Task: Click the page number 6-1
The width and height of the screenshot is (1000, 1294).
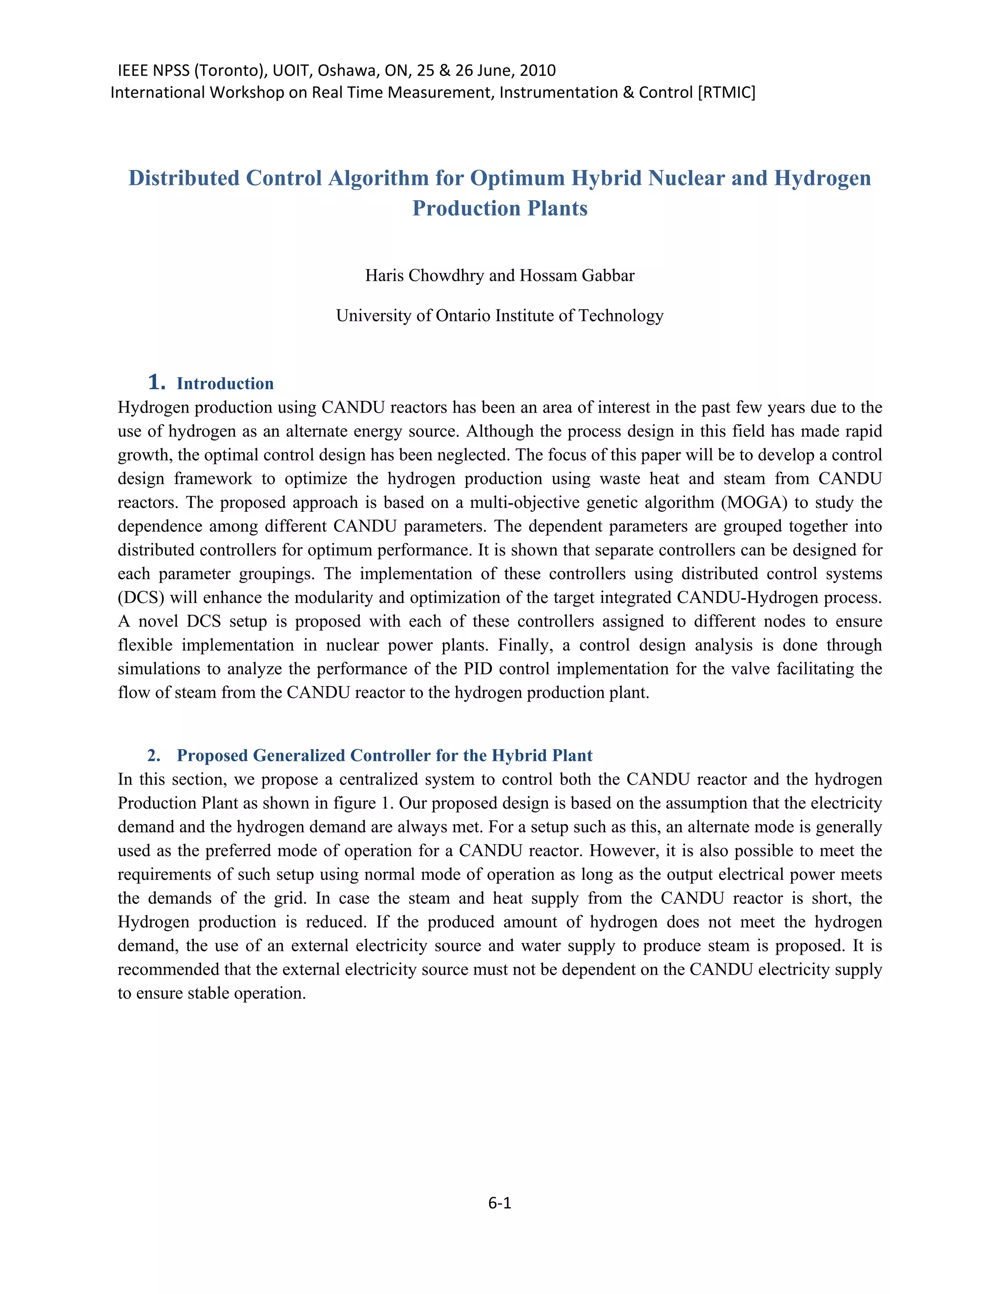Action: click(500, 1202)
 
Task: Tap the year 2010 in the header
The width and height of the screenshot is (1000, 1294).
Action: click(537, 70)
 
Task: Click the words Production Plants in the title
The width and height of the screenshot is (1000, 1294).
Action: click(500, 209)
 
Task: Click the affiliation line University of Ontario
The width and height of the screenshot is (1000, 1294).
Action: click(500, 316)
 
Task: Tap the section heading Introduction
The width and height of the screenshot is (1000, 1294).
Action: click(225, 384)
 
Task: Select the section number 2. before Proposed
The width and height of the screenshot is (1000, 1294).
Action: click(153, 755)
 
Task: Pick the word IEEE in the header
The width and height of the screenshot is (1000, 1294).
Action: click(133, 70)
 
